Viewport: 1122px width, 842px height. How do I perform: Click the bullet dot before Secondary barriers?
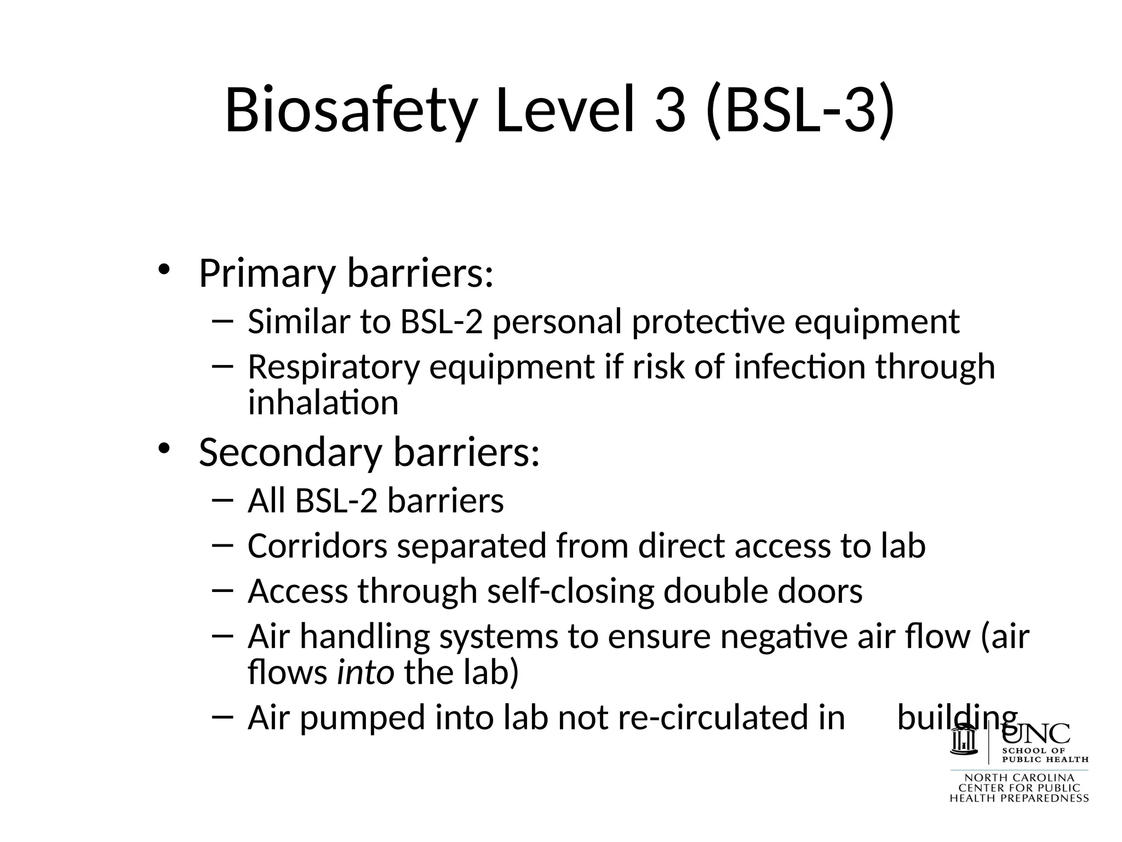tap(164, 448)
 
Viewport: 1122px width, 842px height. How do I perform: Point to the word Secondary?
tap(290, 453)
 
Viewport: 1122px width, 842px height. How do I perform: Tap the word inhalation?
tap(323, 402)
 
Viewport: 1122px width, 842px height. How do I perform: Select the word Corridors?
tap(317, 546)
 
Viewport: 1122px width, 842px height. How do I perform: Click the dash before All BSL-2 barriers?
tap(222, 499)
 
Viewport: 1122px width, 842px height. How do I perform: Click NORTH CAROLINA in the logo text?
tap(1019, 778)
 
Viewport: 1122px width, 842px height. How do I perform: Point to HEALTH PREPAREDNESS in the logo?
tap(1019, 799)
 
